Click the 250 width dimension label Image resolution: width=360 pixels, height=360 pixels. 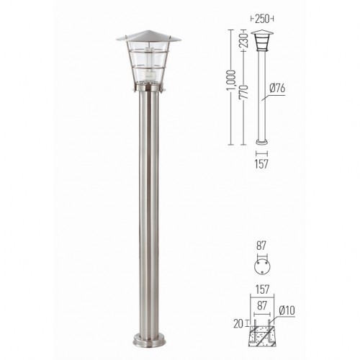point(262,19)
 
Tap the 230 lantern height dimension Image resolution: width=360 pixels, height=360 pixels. point(243,40)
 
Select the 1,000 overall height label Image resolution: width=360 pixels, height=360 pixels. point(231,81)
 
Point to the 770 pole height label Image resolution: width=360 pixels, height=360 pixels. point(243,92)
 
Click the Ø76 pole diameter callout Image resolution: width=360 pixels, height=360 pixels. point(277,89)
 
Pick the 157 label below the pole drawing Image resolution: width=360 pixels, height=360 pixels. point(261,164)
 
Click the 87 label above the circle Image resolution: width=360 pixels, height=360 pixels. point(261,246)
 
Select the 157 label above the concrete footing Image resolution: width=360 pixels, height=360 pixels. point(262,289)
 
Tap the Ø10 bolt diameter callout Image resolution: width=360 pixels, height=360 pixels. point(287,311)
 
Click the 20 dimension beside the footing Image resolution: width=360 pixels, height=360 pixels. point(238,324)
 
